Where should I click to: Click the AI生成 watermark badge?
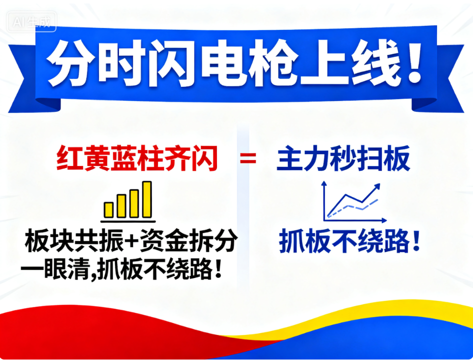[x=31, y=21]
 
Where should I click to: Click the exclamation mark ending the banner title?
[x=414, y=63]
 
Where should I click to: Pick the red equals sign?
[x=248, y=158]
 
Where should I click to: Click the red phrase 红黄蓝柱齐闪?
[x=137, y=158]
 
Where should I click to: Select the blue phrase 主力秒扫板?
[x=343, y=158]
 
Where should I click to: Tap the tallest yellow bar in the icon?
[x=147, y=199]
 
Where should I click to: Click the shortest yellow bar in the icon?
[x=108, y=210]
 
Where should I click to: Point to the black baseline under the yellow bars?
[x=128, y=221]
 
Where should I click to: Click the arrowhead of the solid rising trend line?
[x=376, y=187]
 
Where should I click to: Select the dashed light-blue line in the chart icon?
[x=352, y=208]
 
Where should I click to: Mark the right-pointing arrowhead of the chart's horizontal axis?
[x=384, y=220]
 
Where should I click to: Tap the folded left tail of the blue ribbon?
[x=33, y=79]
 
